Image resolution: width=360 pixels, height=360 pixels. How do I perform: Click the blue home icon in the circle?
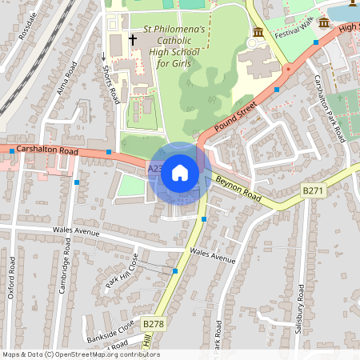tap(180, 173)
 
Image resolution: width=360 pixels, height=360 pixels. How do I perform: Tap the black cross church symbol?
tap(133, 39)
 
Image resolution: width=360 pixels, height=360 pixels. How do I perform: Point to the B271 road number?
tap(313, 190)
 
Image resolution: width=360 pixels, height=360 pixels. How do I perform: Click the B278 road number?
tap(153, 323)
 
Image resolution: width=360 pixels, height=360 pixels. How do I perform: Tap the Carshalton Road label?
tap(47, 150)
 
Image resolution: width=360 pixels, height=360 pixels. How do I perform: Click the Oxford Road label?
tap(11, 276)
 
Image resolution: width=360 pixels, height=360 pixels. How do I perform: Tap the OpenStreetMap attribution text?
tap(80, 354)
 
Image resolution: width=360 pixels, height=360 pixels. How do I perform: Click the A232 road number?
tap(156, 169)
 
